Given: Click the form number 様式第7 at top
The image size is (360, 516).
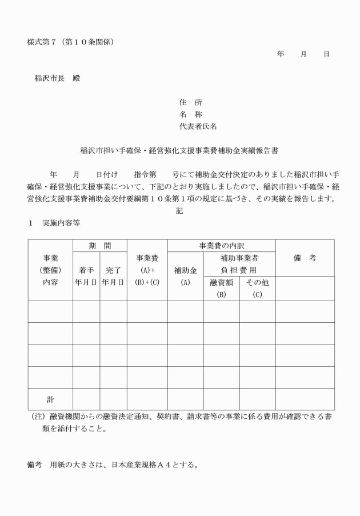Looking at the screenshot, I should coord(74,42).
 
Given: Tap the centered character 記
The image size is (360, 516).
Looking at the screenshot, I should coord(179,211).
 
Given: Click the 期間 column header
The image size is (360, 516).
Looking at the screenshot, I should coord(99,246).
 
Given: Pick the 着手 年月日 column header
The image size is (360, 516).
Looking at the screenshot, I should coord(86,277).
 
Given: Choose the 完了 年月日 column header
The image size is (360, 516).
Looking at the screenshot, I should coord(113,277).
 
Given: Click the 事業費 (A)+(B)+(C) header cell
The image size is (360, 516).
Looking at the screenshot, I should coord(147,270).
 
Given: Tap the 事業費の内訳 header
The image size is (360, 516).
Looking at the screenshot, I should coord(221,246).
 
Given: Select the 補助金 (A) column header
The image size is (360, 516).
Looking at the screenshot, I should coord(185,277).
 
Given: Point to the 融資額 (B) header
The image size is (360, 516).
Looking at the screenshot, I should coord(221,288).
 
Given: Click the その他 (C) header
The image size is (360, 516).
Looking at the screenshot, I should coord(257,288).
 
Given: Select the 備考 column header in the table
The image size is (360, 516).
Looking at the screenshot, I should coord(305,258).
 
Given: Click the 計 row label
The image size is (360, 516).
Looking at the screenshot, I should coord(50,399).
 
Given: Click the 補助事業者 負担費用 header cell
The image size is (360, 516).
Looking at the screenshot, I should coord(239,264).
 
